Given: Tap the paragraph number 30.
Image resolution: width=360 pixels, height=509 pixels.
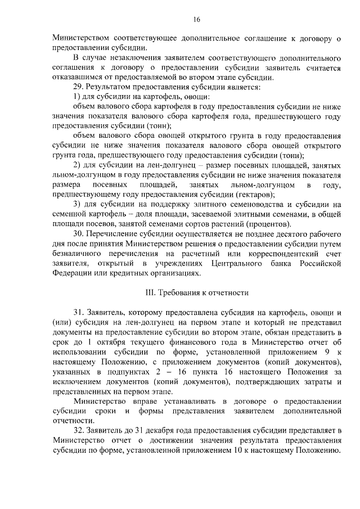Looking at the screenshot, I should click(79, 233).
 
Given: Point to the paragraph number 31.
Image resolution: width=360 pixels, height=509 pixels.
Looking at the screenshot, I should click(79, 312).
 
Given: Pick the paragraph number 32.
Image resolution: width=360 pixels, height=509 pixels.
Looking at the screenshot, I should click(79, 430).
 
